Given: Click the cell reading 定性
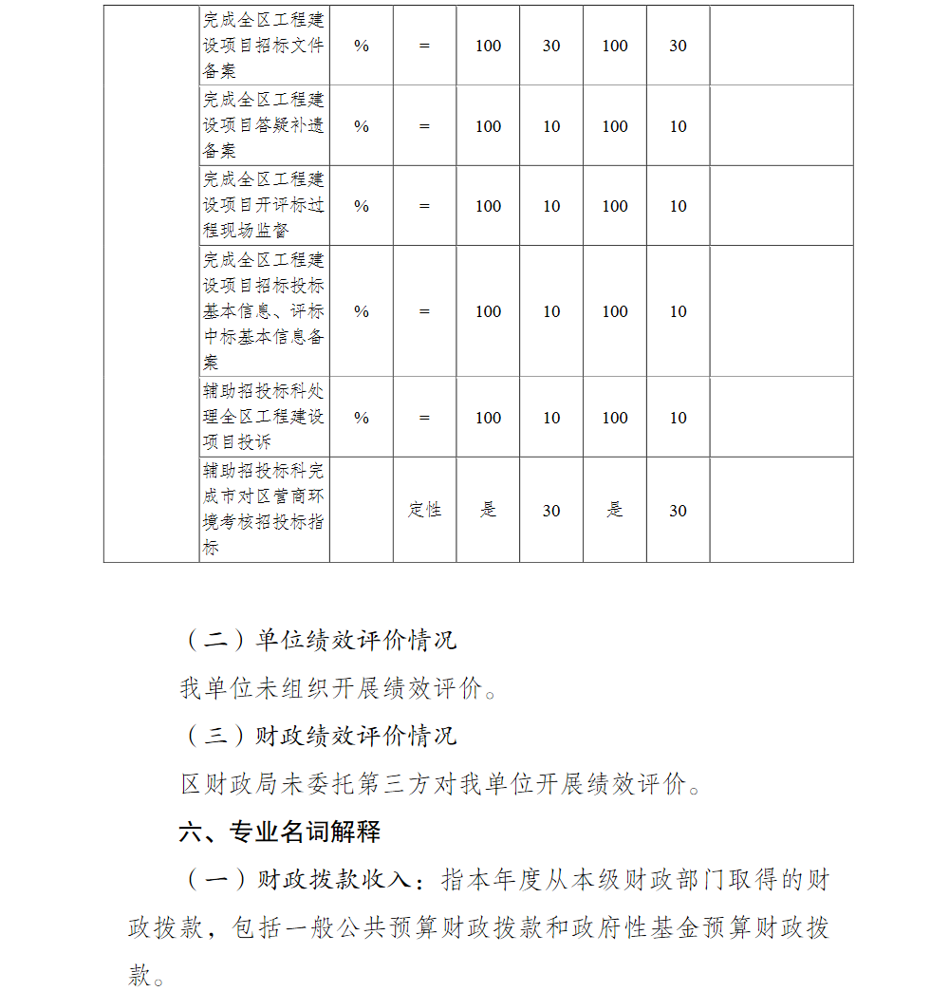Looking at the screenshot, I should pyautogui.click(x=424, y=511).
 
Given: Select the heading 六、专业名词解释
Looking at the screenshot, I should pyautogui.click(x=280, y=832).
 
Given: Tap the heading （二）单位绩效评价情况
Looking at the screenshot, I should pyautogui.click(x=319, y=640).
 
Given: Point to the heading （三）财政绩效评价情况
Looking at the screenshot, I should pyautogui.click(x=319, y=736).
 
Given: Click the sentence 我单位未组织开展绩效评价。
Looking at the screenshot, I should pyautogui.click(x=339, y=688).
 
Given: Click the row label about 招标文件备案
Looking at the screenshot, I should pyautogui.click(x=263, y=46).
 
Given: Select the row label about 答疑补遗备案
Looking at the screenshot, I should pyautogui.click(x=263, y=126).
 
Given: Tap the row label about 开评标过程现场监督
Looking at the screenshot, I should pyautogui.click(x=263, y=206).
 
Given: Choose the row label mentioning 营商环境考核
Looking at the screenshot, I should pyautogui.click(x=263, y=510).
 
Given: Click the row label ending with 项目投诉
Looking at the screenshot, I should pyautogui.click(x=263, y=418).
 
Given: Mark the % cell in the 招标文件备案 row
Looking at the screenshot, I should pyautogui.click(x=362, y=46).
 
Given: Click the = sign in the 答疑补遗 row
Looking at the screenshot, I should pyautogui.click(x=424, y=126).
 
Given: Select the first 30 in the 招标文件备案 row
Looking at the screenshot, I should pyautogui.click(x=551, y=46).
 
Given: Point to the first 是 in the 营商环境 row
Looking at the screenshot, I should pyautogui.click(x=488, y=511).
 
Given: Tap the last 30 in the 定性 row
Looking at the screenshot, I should pyautogui.click(x=678, y=511).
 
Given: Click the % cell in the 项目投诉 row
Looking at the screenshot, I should pyautogui.click(x=362, y=418).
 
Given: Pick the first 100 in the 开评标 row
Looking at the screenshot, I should pyautogui.click(x=488, y=206).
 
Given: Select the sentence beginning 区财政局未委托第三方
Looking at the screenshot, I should pyautogui.click(x=441, y=784).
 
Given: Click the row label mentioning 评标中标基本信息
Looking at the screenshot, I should pyautogui.click(x=263, y=311).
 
